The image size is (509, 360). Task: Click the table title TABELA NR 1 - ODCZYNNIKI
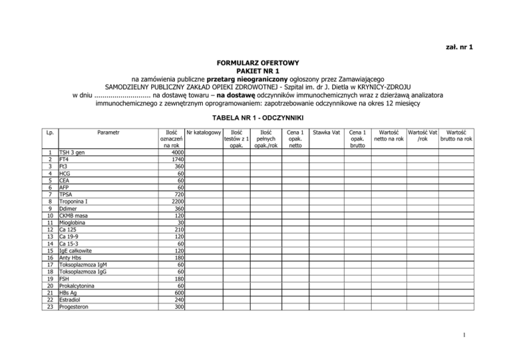(254, 117)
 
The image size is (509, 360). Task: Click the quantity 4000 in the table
(174, 152)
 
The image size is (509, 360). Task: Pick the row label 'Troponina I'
(76, 201)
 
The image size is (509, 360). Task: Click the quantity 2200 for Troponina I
(174, 201)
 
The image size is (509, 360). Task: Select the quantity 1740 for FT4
(174, 160)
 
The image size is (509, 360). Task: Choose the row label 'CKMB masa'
(74, 215)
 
